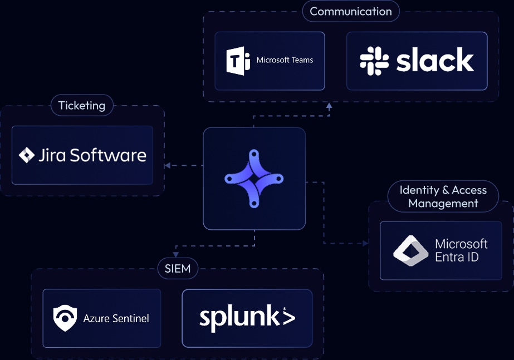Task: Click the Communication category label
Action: click(x=351, y=11)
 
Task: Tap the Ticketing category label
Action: click(x=82, y=105)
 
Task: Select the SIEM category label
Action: click(x=178, y=269)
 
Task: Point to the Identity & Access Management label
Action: click(x=443, y=196)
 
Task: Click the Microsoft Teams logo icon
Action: click(x=238, y=61)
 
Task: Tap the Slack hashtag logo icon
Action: click(x=374, y=61)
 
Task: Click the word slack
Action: click(x=435, y=61)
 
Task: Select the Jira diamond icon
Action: click(x=27, y=155)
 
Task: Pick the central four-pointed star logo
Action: click(x=254, y=179)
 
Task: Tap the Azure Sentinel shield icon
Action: click(x=65, y=318)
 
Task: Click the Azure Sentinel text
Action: click(x=116, y=319)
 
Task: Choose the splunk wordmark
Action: click(x=247, y=318)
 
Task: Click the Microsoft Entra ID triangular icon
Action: click(x=410, y=250)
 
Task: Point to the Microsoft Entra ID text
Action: click(x=461, y=250)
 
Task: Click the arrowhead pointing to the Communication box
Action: click(x=329, y=106)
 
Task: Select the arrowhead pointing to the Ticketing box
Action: click(x=167, y=165)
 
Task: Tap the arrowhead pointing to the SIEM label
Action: click(x=175, y=254)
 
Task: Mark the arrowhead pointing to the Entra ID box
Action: click(x=365, y=243)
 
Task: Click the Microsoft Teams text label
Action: click(x=285, y=60)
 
